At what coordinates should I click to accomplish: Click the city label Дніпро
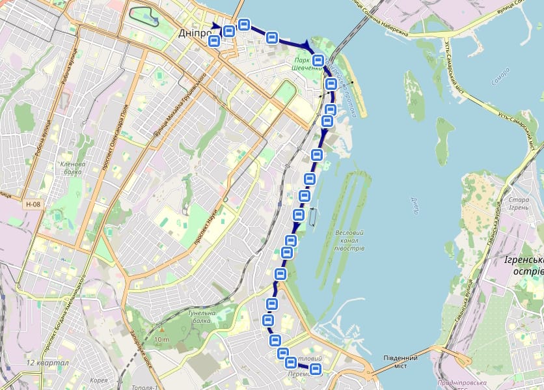pyautogui.click(x=194, y=33)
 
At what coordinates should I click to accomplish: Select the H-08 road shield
pyautogui.click(x=33, y=204)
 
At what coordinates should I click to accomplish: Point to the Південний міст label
pyautogui.click(x=400, y=361)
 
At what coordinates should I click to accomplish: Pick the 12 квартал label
pyautogui.click(x=48, y=363)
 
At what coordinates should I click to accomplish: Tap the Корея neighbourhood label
pyautogui.click(x=99, y=380)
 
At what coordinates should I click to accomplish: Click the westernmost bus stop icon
pyautogui.click(x=213, y=41)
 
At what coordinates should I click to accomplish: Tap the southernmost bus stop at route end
pyautogui.click(x=316, y=370)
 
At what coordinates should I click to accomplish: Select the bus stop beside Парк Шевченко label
pyautogui.click(x=318, y=61)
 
